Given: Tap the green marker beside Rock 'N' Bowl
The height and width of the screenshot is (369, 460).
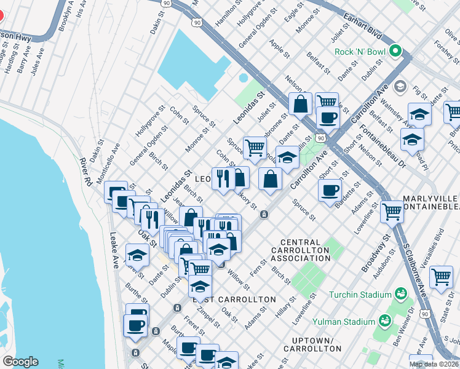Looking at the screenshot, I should point(395,52).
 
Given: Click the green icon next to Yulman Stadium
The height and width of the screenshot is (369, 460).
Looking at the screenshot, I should point(384,320).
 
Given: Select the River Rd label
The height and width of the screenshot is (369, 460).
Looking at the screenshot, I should point(86,173).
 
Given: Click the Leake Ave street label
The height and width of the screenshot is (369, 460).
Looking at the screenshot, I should point(114,247).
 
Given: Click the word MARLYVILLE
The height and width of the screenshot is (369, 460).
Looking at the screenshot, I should point(429,199).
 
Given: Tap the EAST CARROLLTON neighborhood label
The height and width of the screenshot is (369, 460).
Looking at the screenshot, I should point(234,300).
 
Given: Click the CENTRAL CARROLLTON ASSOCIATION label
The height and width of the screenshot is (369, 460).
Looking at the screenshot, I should point(304,250).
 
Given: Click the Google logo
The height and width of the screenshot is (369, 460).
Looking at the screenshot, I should point(20,362).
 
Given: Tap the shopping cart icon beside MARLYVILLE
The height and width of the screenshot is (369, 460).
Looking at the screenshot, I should point(392,212).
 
